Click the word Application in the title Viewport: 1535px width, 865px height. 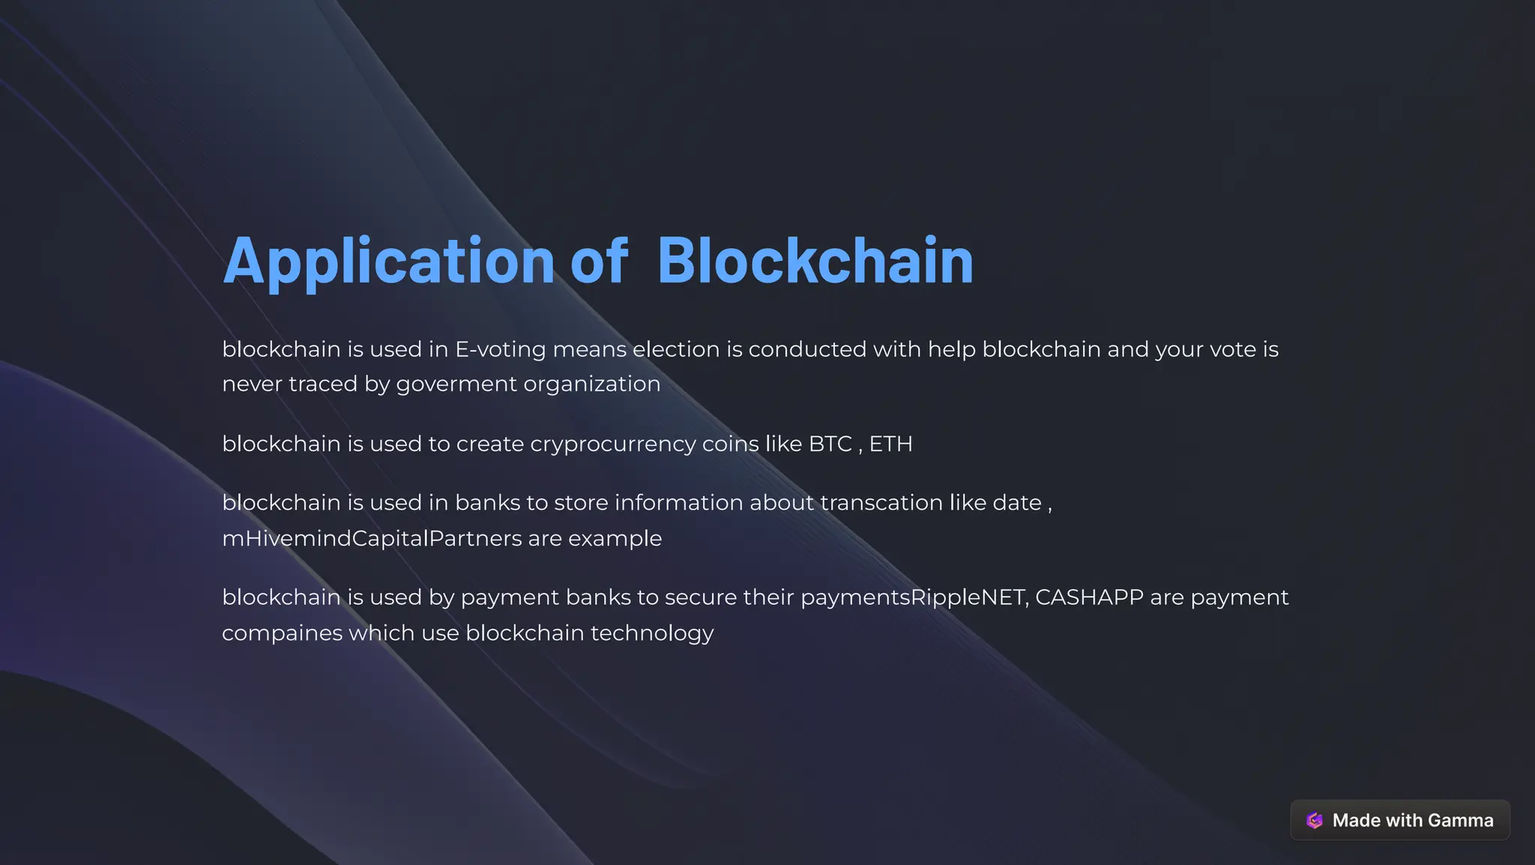[x=388, y=261]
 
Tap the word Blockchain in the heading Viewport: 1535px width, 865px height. [x=815, y=261]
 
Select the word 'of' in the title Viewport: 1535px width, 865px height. [x=599, y=261]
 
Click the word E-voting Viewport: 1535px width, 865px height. [x=500, y=349]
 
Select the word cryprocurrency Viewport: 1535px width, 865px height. [x=612, y=444]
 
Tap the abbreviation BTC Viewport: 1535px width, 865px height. [x=830, y=444]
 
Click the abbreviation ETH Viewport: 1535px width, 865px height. [x=890, y=444]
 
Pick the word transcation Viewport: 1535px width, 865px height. [x=881, y=502]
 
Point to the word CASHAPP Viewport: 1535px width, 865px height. [x=1089, y=597]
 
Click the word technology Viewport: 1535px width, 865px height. [x=652, y=633]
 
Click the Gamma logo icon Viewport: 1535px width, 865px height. [x=1315, y=820]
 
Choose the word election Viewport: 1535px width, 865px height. [x=675, y=349]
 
